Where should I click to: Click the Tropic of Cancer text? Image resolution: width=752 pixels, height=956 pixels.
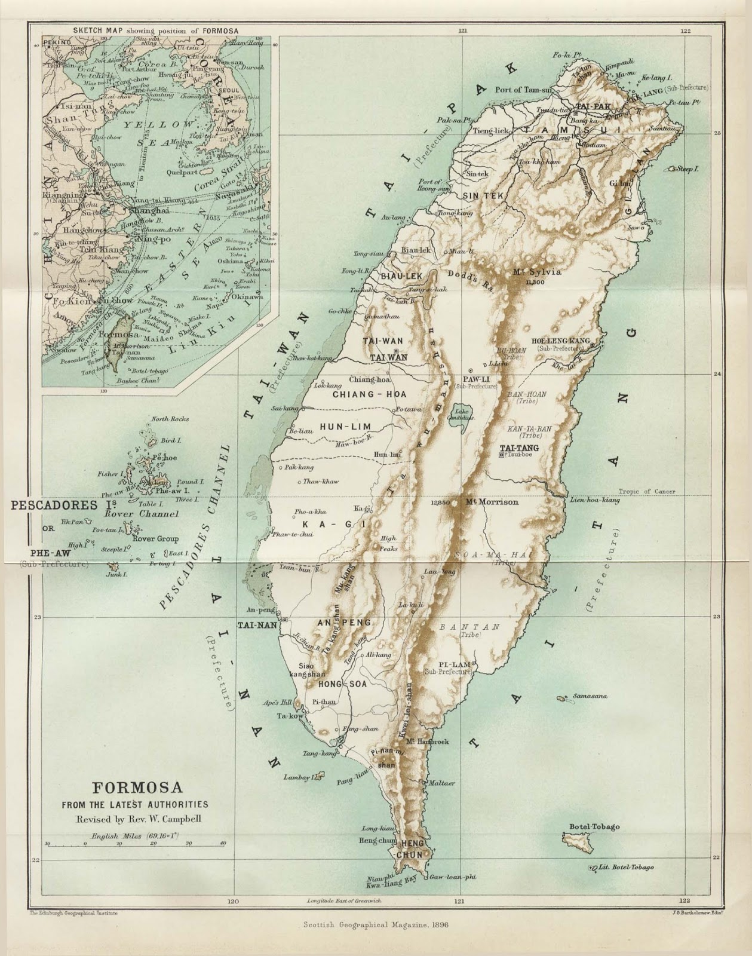click(x=647, y=492)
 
